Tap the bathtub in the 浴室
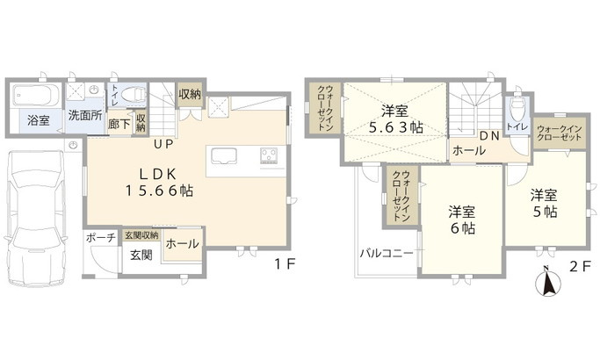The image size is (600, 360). pyautogui.click(x=36, y=95)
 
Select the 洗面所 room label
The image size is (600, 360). pyautogui.click(x=85, y=115)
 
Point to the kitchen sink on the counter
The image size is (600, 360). pyautogui.click(x=224, y=155)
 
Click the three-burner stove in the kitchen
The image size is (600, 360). pyautogui.click(x=270, y=155)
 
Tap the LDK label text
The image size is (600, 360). pyautogui.click(x=157, y=175)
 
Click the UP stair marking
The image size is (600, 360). pyautogui.click(x=163, y=144)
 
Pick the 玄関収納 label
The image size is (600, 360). pyautogui.click(x=141, y=235)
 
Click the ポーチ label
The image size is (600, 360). pyautogui.click(x=101, y=238)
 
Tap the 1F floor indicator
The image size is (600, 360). pyautogui.click(x=286, y=264)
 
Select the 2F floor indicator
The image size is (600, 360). pyautogui.click(x=581, y=266)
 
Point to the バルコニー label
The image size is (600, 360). pyautogui.click(x=387, y=253)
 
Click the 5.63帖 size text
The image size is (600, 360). pyautogui.click(x=396, y=128)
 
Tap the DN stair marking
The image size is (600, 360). pyautogui.click(x=490, y=135)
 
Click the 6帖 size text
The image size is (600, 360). pyautogui.click(x=463, y=228)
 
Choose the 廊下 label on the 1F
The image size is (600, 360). pyautogui.click(x=119, y=124)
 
